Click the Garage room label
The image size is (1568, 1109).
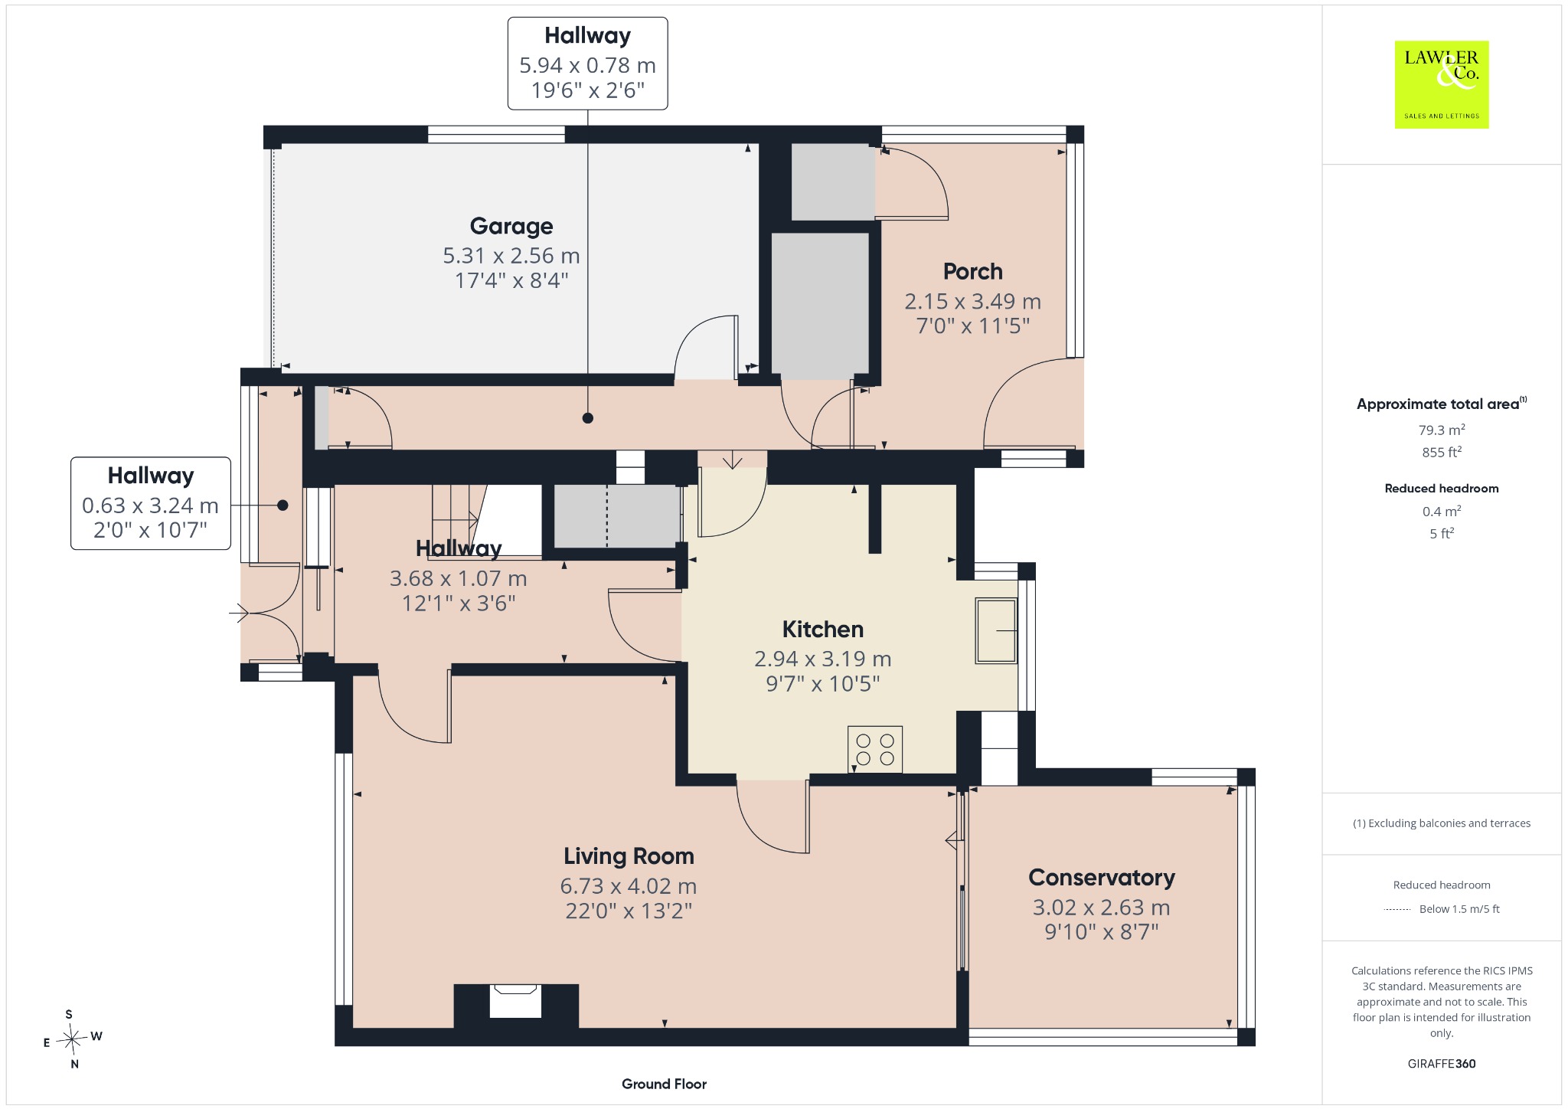pos(511,226)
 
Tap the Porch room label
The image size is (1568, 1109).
pos(972,271)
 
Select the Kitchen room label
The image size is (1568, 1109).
pos(822,629)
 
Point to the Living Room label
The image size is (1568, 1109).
pos(629,855)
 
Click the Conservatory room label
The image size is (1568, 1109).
pos(1101,877)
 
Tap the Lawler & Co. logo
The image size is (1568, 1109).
pos(1441,84)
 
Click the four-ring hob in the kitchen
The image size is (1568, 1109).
pos(875,749)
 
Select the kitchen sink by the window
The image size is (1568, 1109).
pos(995,630)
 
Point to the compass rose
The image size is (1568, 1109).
pos(72,1039)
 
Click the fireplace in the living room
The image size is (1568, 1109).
pos(516,1004)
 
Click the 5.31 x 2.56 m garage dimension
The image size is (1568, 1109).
pos(511,255)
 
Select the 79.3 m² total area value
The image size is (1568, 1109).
pos(1442,430)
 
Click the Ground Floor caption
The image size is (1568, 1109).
pos(664,1084)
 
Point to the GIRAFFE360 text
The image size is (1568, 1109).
pos(1442,1063)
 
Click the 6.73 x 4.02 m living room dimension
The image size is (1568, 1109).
pos(629,886)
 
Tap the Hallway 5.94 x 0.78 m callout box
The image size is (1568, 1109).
pos(588,64)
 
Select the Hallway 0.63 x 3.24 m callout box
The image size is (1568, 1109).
pos(151,503)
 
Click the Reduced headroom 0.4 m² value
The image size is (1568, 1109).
pos(1442,511)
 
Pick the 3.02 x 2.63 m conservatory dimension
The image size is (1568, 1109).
pos(1101,908)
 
